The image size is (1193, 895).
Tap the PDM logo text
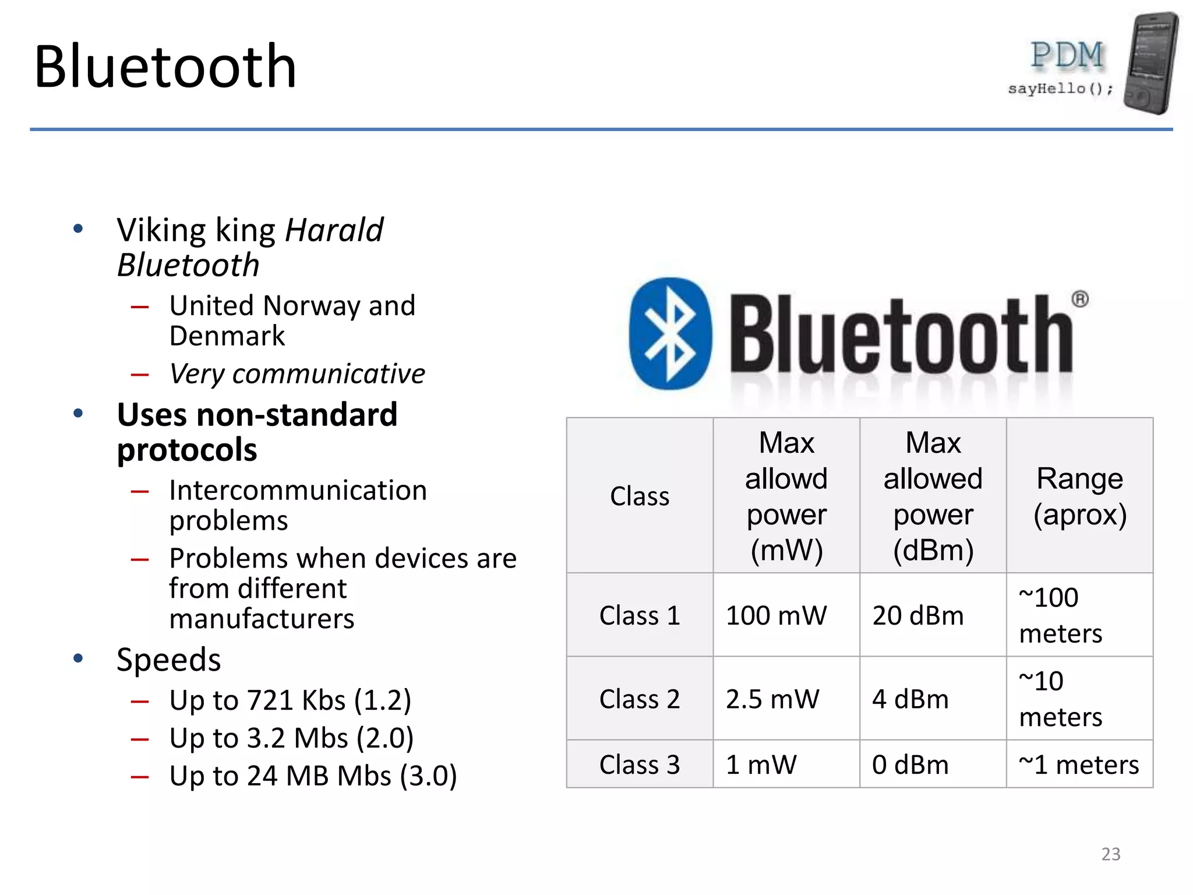[1067, 56]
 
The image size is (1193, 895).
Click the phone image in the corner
[1150, 63]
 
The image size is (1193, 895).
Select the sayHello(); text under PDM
[1060, 89]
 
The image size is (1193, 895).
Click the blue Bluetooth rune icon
[670, 334]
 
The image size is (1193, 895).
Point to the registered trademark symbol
[1079, 299]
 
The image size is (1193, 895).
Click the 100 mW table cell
[776, 616]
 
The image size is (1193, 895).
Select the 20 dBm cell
[918, 616]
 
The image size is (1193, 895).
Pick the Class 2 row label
[640, 699]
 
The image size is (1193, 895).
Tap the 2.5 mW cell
[772, 699]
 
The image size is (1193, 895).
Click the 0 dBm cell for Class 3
[910, 765]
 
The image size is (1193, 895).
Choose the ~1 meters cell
[1079, 765]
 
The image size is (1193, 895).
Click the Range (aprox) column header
[1079, 496]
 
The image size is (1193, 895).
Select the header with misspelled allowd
[786, 496]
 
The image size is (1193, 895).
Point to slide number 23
[1110, 854]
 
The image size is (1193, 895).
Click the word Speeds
[169, 660]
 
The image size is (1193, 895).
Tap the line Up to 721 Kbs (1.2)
[290, 700]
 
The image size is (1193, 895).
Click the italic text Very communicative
[297, 374]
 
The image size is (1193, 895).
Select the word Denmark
[227, 336]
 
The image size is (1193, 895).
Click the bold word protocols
[187, 450]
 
